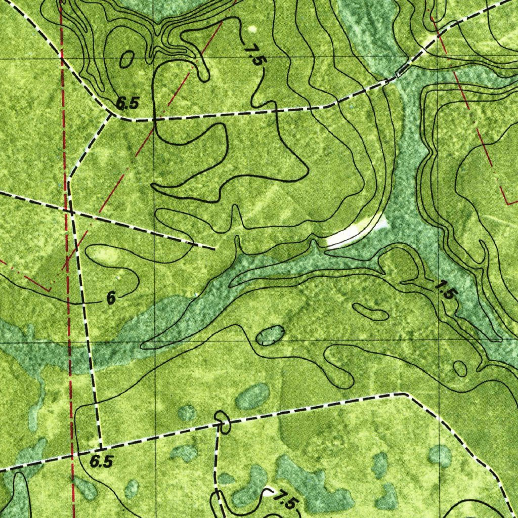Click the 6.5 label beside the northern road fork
pos(127,103)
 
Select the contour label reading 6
pos(111,299)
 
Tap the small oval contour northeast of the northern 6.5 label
pos(126,60)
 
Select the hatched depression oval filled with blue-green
pos(270,335)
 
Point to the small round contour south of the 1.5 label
pos(460,368)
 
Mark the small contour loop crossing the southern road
pos(222,422)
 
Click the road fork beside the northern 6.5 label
pos(111,116)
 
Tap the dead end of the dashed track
pos(214,248)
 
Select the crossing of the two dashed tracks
pos(71,213)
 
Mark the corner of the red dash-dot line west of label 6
pos(49,289)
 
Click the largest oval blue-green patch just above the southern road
pos(252,396)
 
